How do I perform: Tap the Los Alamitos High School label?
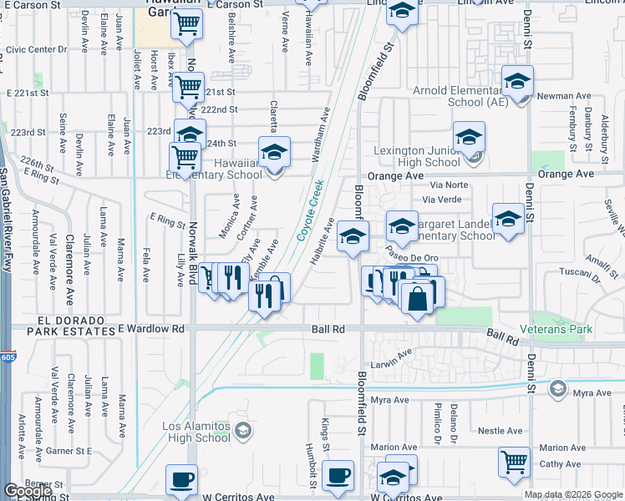tap(197, 432)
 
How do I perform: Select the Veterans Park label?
tap(555, 329)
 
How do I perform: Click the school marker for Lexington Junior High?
tap(469, 137)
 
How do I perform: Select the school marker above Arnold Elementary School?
tap(517, 82)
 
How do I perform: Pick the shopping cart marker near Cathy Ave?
tap(514, 460)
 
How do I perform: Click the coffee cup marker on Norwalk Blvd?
tap(181, 480)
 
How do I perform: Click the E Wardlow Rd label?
tap(151, 329)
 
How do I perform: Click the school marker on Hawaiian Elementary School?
tap(273, 152)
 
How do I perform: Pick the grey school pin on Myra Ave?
tap(556, 388)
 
